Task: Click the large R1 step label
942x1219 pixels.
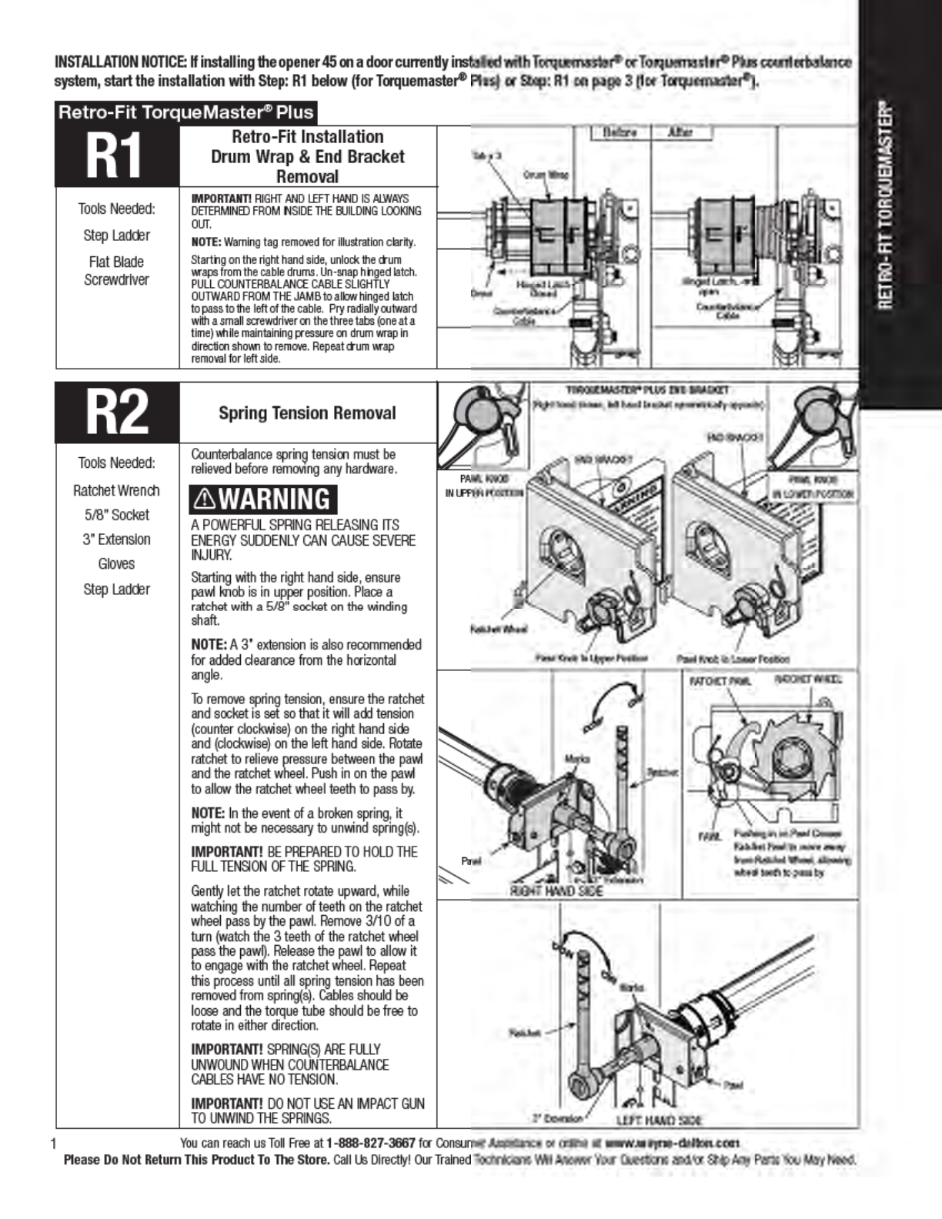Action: click(117, 157)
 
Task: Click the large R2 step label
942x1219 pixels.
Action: click(117, 412)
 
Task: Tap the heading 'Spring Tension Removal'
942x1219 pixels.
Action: click(307, 413)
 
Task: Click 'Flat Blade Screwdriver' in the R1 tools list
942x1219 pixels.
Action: click(116, 271)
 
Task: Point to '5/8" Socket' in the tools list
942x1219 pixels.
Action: click(116, 515)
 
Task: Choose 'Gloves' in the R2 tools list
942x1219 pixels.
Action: click(116, 564)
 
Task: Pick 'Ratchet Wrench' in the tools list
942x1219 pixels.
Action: click(116, 490)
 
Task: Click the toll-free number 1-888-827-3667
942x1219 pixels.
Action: click(371, 1143)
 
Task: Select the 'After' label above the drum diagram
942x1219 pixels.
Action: click(680, 132)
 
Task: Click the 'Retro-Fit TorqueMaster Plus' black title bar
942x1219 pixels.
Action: click(185, 112)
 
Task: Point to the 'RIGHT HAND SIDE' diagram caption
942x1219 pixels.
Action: click(556, 890)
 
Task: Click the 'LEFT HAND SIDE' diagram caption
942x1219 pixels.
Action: click(659, 1120)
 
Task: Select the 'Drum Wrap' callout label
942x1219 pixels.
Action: click(546, 175)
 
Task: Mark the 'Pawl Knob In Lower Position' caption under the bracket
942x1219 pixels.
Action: click(733, 659)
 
